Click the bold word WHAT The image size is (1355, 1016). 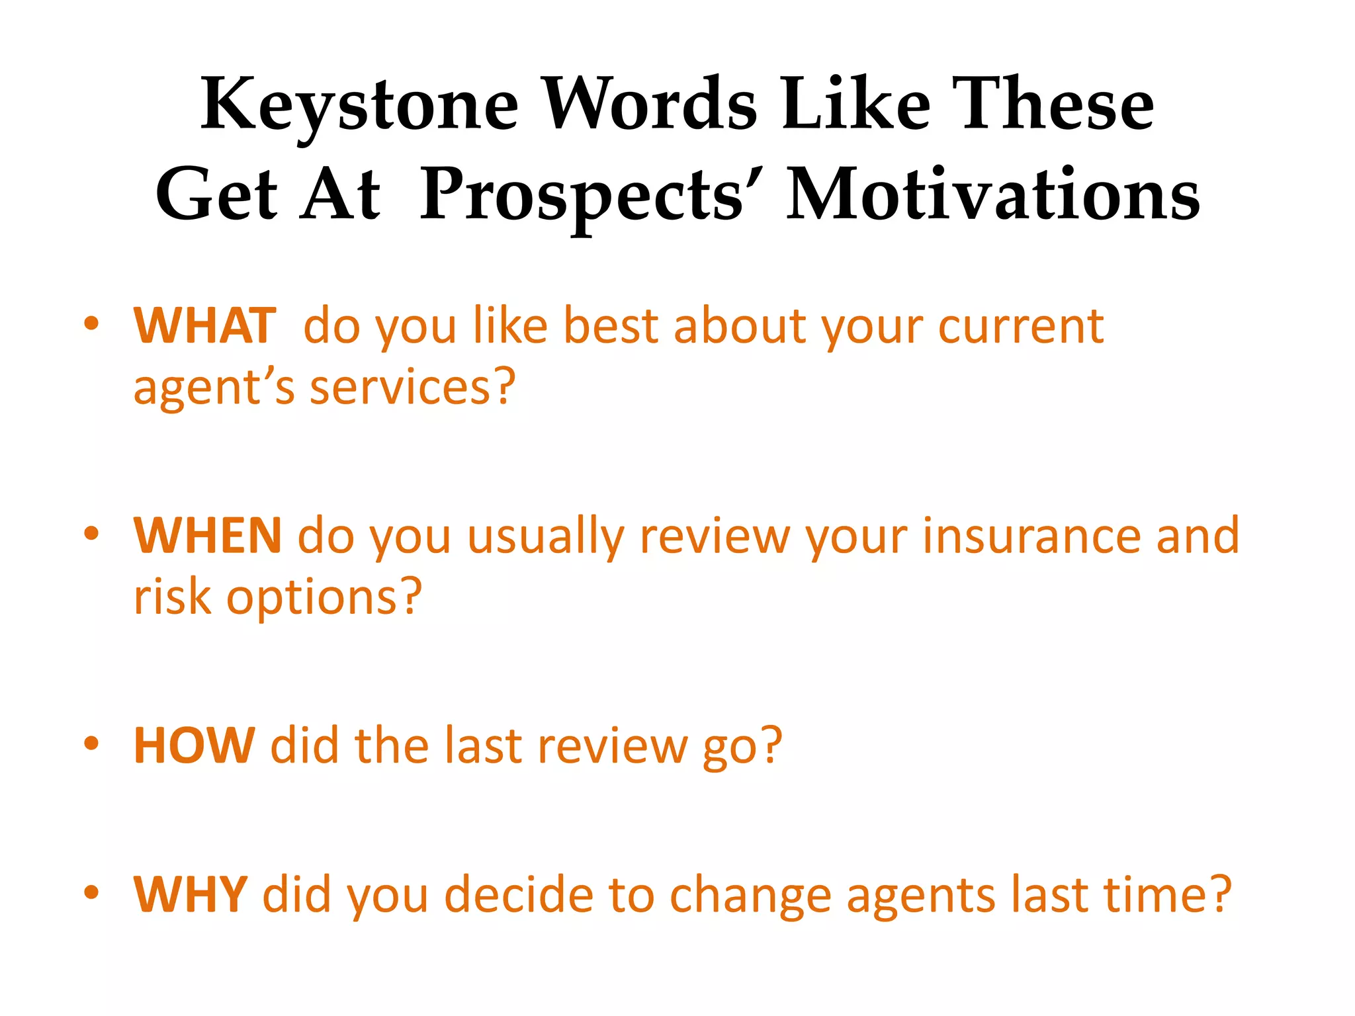coord(204,325)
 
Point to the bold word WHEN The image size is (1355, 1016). coord(208,535)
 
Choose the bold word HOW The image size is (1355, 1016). coord(194,745)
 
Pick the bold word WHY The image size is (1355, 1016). coord(191,894)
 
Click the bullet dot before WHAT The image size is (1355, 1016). coord(91,324)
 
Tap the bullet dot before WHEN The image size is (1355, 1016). coord(91,533)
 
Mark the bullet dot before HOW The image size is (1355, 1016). coord(91,743)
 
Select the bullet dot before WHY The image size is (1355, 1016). coord(91,892)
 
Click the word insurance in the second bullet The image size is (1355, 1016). coord(1031,535)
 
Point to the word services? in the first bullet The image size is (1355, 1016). coord(412,387)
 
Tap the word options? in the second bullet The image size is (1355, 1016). coord(324,597)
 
